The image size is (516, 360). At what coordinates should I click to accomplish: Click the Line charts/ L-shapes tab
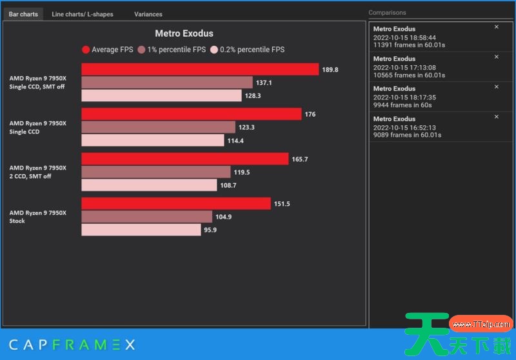(x=82, y=14)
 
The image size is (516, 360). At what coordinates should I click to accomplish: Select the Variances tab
(x=148, y=14)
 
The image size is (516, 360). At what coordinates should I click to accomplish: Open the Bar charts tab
(x=23, y=14)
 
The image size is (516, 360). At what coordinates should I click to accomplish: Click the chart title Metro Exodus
(x=184, y=34)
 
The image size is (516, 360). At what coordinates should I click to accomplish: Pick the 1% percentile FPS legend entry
(x=171, y=50)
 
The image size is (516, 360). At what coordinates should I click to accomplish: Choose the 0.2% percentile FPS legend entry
(x=247, y=50)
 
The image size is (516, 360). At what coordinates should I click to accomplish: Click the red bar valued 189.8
(x=200, y=70)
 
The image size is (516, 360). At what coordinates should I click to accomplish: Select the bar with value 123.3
(x=158, y=127)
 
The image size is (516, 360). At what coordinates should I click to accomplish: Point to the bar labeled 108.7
(x=149, y=185)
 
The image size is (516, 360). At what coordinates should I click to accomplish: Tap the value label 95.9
(x=210, y=230)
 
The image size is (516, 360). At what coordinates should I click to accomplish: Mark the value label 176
(x=310, y=114)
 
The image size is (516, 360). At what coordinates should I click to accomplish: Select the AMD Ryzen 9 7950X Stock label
(x=37, y=217)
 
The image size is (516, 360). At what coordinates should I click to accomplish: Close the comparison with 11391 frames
(x=496, y=27)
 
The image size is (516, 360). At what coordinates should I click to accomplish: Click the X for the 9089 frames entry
(x=496, y=117)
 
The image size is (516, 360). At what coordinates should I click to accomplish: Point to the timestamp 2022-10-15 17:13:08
(x=404, y=67)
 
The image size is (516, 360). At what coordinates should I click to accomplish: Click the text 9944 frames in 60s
(x=403, y=105)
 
